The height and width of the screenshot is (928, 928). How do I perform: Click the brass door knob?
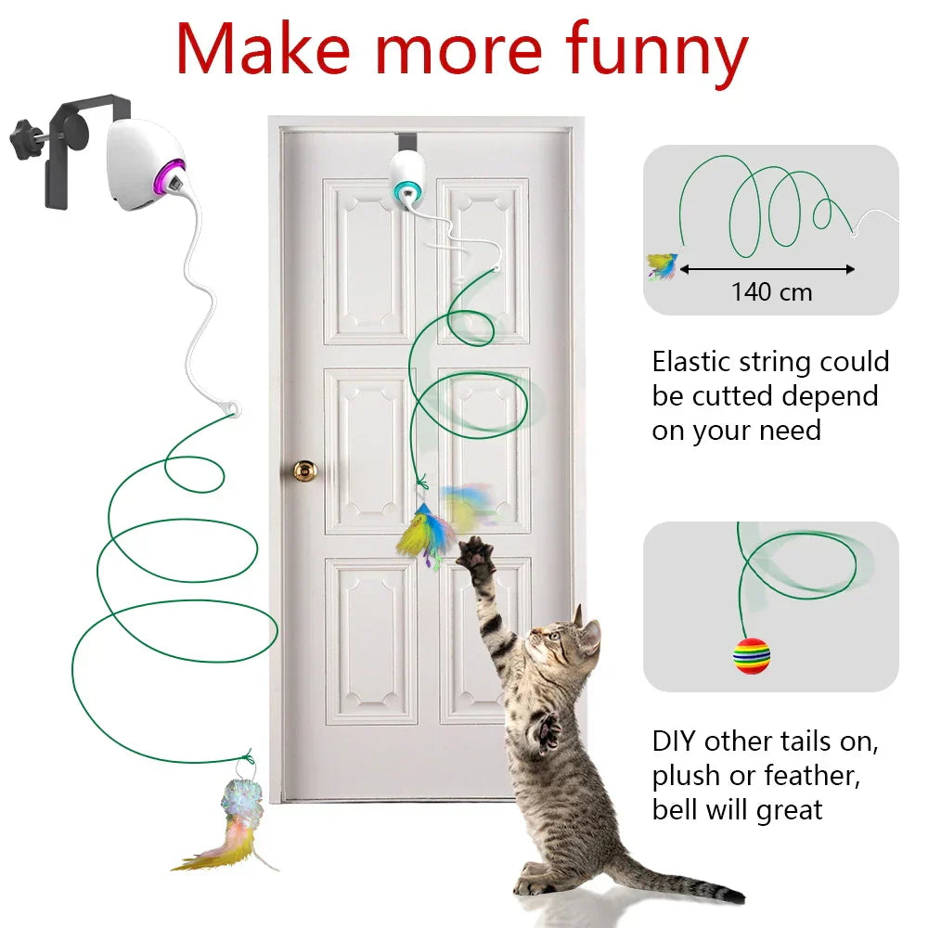[x=303, y=470]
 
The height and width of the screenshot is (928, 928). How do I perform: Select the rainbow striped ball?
[x=751, y=655]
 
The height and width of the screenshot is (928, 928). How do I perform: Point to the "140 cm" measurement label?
[x=771, y=292]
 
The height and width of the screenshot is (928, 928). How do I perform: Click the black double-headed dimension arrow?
[x=767, y=270]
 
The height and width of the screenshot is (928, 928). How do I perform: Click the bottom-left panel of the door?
[x=369, y=640]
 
